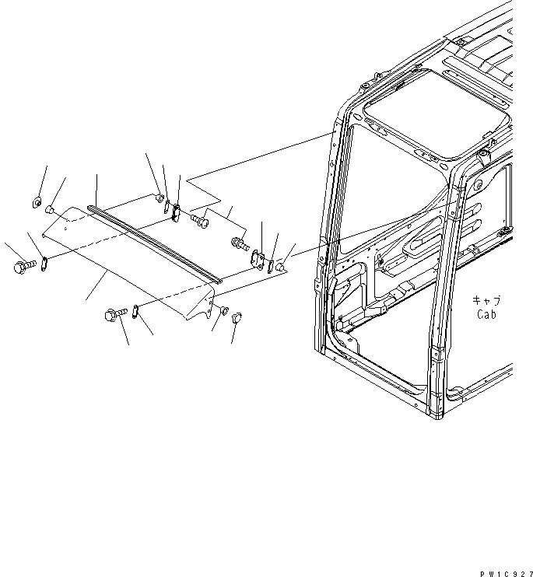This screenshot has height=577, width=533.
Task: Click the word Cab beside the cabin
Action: pyautogui.click(x=486, y=315)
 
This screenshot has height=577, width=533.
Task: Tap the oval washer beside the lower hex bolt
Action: pyautogui.click(x=135, y=310)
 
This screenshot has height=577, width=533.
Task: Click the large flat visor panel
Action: pyautogui.click(x=124, y=264)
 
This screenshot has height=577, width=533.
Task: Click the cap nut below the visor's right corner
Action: pyautogui.click(x=237, y=317)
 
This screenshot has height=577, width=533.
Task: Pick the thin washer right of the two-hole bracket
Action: pyautogui.click(x=270, y=265)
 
